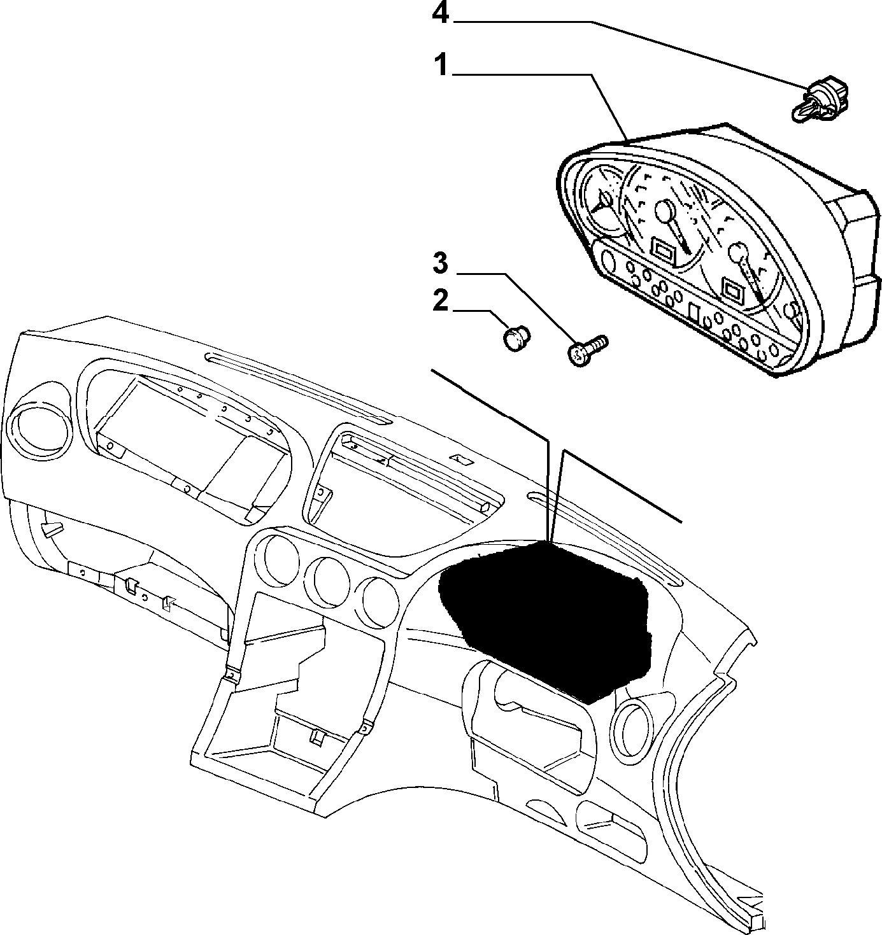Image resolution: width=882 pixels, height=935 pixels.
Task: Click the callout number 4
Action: pos(441,13)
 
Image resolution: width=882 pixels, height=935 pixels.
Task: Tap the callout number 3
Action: pos(441,264)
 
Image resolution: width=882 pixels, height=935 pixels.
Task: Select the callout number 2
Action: pos(441,301)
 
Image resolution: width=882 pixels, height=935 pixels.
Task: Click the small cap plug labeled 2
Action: pos(517,339)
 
